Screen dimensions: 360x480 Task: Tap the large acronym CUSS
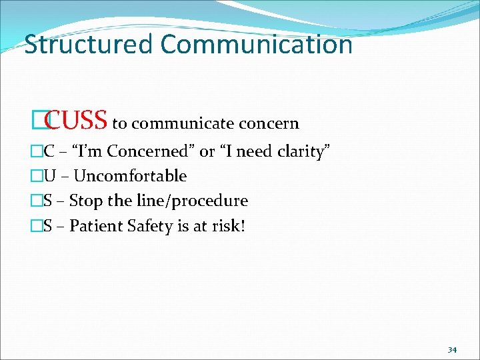(77, 121)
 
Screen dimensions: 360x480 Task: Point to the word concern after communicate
(269, 124)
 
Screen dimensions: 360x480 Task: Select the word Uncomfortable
(130, 176)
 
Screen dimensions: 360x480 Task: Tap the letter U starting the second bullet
(50, 176)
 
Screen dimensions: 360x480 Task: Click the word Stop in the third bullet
(84, 201)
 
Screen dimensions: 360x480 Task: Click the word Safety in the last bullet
(145, 226)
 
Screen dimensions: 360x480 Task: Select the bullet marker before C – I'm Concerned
(37, 152)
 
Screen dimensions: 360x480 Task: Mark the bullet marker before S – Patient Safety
(37, 227)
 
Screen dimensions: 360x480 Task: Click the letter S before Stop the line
(49, 201)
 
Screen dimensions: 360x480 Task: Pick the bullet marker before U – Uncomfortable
(37, 177)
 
